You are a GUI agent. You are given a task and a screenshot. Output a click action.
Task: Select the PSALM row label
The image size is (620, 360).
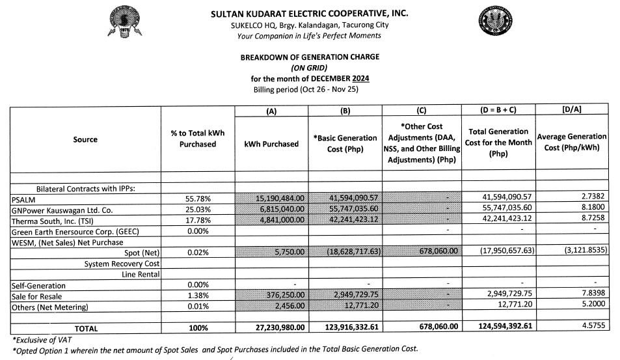click(23, 199)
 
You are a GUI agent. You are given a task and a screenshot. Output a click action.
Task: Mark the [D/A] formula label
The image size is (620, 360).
click(571, 110)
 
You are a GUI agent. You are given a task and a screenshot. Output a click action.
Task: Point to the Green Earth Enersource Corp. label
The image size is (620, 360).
click(75, 232)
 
